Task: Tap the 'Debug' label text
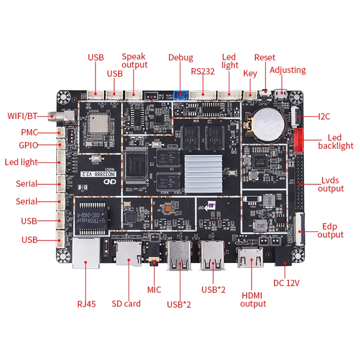tap(180, 58)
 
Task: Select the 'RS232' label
tap(203, 72)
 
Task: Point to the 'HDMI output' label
tap(253, 299)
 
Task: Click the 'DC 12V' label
tap(286, 283)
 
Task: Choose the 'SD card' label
tap(126, 303)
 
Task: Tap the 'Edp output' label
tap(330, 230)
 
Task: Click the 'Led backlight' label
tap(335, 142)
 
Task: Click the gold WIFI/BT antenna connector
tap(54, 116)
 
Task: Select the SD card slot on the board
tap(129, 252)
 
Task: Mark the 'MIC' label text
tap(154, 289)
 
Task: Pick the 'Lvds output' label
tap(330, 184)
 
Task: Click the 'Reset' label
tap(265, 58)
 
